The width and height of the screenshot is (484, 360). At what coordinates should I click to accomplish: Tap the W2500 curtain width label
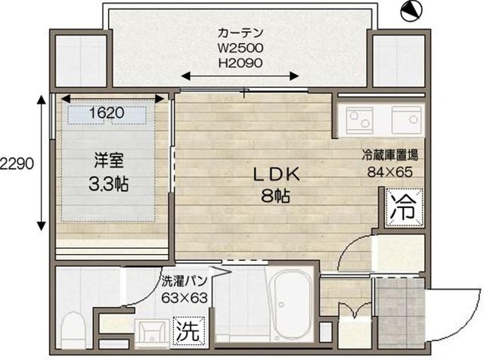click(240, 48)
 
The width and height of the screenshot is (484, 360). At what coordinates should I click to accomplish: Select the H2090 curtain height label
click(240, 63)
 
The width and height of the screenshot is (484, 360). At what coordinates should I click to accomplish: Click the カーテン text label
click(240, 33)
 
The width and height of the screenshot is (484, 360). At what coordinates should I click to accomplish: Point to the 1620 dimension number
click(107, 113)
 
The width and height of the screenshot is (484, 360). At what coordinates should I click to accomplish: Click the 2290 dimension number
click(16, 163)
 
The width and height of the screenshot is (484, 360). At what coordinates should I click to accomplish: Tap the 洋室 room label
click(109, 160)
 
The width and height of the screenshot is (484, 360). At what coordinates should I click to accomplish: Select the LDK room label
click(276, 175)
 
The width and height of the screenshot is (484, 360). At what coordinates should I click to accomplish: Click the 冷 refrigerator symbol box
click(404, 208)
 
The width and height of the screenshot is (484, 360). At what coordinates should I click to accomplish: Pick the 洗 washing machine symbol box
click(189, 331)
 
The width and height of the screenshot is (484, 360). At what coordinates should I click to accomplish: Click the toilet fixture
click(73, 331)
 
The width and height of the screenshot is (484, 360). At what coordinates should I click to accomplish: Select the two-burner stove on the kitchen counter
click(359, 120)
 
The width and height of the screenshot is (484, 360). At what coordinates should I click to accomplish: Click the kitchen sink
click(407, 119)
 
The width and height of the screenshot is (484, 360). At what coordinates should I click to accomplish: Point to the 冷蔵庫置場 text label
click(390, 155)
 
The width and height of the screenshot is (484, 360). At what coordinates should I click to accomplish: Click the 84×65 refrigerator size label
click(390, 172)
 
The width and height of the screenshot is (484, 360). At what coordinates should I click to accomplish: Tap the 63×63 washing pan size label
click(185, 298)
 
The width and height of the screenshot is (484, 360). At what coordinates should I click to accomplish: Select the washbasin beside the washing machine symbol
click(152, 334)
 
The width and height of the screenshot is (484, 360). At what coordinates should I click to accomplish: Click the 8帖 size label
click(275, 195)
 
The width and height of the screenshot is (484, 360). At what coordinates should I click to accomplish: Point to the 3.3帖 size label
click(109, 184)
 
